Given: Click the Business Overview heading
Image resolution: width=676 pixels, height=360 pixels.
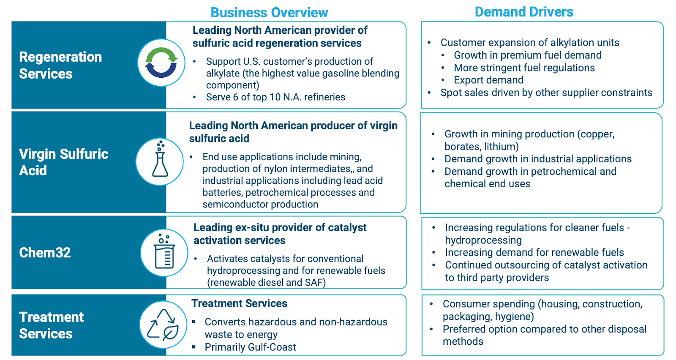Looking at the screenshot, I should point(269,13).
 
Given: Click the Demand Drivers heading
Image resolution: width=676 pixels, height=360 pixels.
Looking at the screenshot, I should point(524,12).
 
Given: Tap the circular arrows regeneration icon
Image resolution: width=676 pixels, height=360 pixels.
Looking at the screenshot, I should point(161,63).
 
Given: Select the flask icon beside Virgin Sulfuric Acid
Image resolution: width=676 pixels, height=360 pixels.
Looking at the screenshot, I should point(160,161).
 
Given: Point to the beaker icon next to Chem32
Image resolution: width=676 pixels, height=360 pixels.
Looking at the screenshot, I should point(164,253).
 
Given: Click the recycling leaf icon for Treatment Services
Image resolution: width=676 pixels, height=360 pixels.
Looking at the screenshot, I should point(163,325).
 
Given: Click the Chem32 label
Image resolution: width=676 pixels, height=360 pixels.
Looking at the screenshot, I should point(45,253).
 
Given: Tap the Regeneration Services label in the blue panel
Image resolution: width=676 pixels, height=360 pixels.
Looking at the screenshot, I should point(60,65).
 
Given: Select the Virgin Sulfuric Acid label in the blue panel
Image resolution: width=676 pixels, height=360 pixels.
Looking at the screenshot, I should point(63,162).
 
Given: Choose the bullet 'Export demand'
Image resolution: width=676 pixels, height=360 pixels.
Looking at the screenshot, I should point(488,80).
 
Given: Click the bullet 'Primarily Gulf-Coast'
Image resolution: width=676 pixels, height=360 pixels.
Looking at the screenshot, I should point(250,347).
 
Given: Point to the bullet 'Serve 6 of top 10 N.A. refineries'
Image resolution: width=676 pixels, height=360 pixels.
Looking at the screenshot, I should point(275,97).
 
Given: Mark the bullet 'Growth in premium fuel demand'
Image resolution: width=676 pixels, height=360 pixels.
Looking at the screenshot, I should point(527,55).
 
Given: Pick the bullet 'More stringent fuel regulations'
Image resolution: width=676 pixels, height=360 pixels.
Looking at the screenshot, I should point(524,68).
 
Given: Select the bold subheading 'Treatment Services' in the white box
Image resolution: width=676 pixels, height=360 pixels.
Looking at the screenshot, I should point(239,303).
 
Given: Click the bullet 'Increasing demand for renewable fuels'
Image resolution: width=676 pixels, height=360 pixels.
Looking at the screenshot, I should point(534,253).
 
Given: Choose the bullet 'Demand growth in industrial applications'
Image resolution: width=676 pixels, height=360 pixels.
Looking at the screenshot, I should point(538,159).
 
